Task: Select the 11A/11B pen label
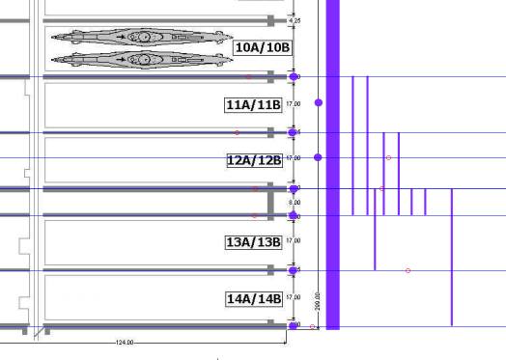coord(253,104)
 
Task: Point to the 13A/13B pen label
coord(253,241)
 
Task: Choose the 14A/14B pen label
coord(254,299)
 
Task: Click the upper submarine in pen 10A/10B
coord(140,38)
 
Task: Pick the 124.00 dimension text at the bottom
coord(124,342)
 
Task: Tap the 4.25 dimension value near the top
coord(295,19)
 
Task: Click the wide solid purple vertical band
coord(333,164)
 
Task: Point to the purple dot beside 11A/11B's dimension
coord(319,102)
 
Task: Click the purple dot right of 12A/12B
coord(319,157)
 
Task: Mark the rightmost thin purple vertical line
coord(452,257)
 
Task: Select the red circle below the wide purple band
coord(313,327)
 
